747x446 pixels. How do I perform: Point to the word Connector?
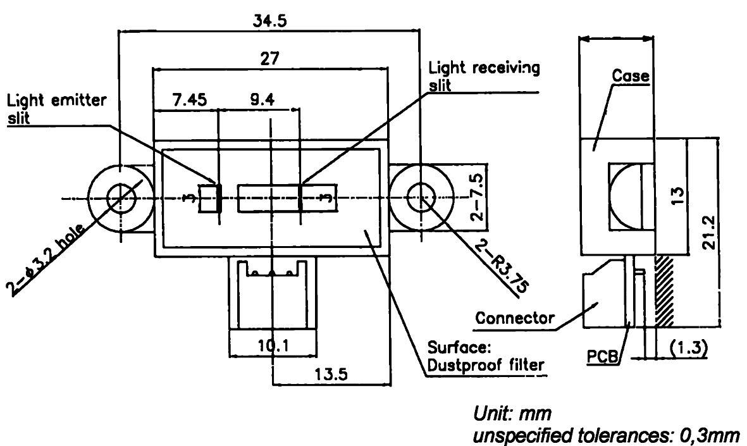[x=515, y=318]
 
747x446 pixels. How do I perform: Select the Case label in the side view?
[x=630, y=76]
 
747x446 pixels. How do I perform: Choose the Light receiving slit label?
[x=484, y=76]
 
